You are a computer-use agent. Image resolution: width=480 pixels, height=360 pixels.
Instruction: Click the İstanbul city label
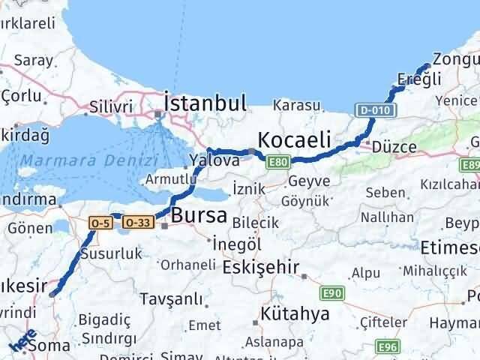205,103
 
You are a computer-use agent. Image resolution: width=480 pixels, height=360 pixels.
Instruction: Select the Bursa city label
199,216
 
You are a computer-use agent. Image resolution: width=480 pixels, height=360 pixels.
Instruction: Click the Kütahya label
295,314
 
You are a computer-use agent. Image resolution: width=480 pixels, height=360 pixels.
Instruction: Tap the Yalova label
214,160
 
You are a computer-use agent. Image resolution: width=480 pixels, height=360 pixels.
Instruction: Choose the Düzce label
393,147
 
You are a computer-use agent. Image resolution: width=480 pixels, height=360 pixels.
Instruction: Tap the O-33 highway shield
137,222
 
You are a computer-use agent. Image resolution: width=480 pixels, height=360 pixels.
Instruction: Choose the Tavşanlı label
178,300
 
